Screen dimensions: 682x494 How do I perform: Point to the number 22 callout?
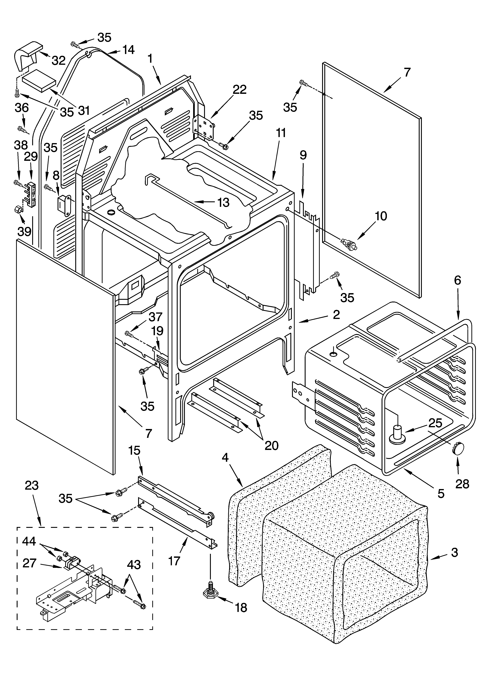pos(240,90)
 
